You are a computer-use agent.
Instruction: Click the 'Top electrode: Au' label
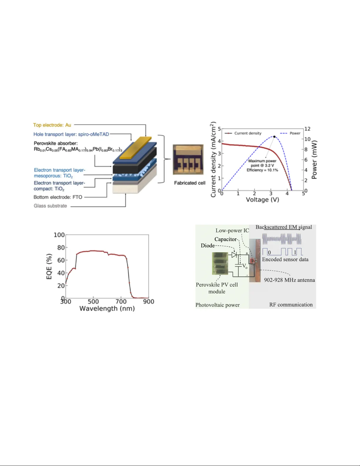tap(52, 125)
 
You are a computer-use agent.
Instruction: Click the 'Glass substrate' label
tap(50, 206)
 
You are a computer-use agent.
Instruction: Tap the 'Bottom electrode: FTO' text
tap(58, 197)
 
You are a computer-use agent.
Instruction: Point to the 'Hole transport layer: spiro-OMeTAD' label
tap(71, 134)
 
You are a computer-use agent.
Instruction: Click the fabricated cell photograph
tap(188, 160)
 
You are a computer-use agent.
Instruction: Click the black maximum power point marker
tap(274, 137)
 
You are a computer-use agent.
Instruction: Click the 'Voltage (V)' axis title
tap(262, 200)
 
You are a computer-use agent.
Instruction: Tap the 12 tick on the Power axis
tap(307, 129)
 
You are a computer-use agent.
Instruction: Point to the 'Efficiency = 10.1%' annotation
tap(262, 170)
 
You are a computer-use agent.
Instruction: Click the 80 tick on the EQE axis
tap(61, 248)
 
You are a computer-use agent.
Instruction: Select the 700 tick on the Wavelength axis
tap(121, 302)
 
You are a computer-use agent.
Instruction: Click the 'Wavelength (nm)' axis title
tap(107, 309)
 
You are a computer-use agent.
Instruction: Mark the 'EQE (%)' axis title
tap(49, 267)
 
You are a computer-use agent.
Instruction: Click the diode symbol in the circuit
tap(234, 255)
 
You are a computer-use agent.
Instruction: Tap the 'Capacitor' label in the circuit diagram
tap(225, 239)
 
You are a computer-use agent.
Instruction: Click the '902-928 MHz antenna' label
tap(289, 280)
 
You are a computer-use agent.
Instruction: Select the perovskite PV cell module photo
tap(220, 263)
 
